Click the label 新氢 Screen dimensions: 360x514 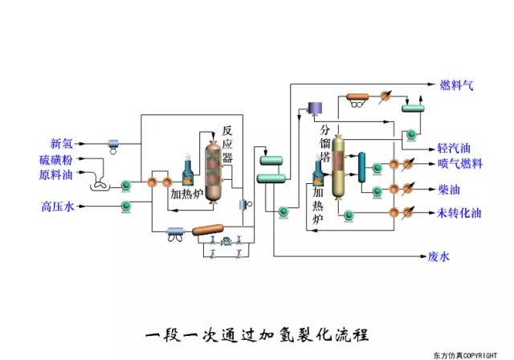62,144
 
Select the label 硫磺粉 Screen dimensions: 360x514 56,159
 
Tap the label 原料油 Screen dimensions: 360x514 56,174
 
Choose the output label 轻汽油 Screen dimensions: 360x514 455,149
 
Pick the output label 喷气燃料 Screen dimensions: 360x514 460,164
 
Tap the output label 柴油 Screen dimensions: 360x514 449,189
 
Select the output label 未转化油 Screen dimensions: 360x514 459,213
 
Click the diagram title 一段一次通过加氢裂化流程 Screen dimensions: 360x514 258,332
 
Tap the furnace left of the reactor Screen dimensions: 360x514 188,167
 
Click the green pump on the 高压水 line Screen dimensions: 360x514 126,207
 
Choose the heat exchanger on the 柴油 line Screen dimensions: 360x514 394,189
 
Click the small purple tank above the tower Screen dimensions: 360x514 315,106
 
